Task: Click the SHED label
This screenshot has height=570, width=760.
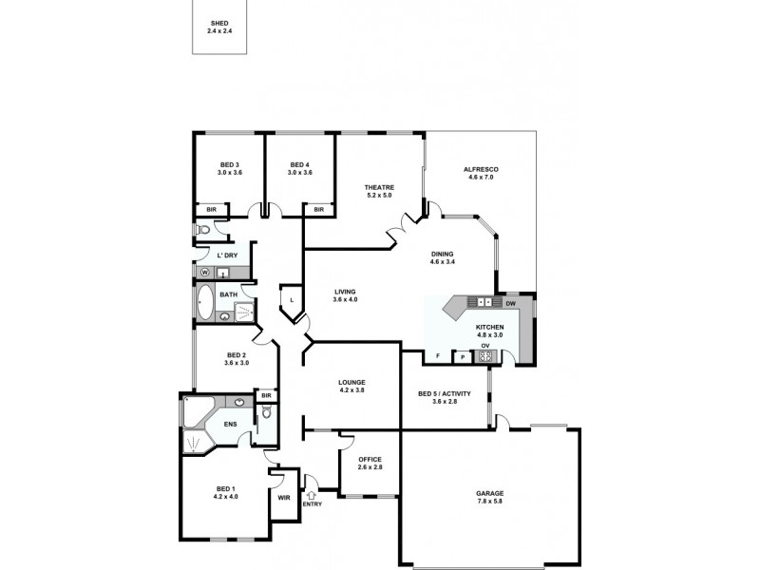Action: [x=219, y=23]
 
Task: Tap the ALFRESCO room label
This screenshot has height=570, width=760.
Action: [x=481, y=169]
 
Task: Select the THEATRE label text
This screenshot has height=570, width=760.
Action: [x=379, y=187]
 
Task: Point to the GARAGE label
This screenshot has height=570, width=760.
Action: [x=490, y=493]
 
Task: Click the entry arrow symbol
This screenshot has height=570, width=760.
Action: [x=312, y=494]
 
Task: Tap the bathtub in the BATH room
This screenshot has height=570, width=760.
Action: [x=205, y=302]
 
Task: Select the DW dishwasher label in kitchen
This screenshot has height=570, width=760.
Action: [x=511, y=303]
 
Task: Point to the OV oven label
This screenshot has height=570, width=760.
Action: [x=484, y=346]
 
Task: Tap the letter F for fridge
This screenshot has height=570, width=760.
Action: [x=437, y=356]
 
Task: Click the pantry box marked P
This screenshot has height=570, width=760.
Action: [x=462, y=357]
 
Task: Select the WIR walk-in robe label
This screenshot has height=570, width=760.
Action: [x=283, y=497]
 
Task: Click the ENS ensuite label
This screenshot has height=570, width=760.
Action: [x=230, y=424]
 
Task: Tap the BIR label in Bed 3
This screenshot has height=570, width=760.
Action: [x=207, y=210]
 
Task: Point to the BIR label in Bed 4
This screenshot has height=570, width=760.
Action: [x=319, y=210]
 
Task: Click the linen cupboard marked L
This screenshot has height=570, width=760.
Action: [x=292, y=301]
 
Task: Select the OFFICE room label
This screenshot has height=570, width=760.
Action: [x=370, y=460]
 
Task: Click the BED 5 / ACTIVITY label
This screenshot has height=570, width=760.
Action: [x=445, y=394]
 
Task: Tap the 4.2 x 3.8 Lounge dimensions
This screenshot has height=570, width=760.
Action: [x=351, y=390]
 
